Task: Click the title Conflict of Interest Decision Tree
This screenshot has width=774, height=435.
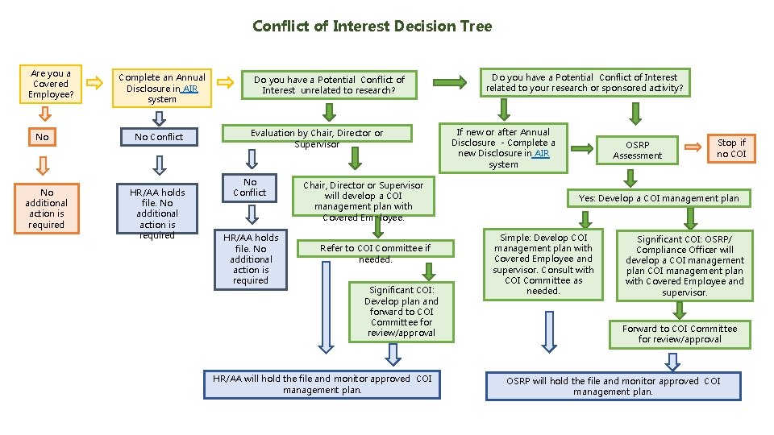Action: coord(372,26)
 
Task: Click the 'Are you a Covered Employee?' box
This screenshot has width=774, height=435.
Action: coord(51,84)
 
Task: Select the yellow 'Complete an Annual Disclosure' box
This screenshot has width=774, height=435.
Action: coord(162,88)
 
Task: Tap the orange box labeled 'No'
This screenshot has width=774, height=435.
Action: coord(42,137)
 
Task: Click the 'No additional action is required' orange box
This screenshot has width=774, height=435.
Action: coord(46,209)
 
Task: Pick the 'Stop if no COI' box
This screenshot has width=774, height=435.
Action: coord(731,148)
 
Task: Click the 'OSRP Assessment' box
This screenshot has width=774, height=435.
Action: coord(637,150)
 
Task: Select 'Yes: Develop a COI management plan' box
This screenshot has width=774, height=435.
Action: coord(658,197)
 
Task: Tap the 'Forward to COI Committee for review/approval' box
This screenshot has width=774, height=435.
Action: coord(679,333)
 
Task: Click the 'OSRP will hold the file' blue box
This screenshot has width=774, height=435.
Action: coord(613,386)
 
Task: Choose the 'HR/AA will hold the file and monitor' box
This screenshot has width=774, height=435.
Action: coord(322,384)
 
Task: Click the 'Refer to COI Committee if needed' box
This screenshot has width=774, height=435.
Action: coord(375,254)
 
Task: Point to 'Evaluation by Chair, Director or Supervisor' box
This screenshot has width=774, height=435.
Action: coord(317,138)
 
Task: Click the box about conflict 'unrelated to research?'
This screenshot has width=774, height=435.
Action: coord(329,85)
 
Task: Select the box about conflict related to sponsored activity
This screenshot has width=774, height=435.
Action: coord(585,83)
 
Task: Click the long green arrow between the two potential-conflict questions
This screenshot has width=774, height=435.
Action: coord(451,81)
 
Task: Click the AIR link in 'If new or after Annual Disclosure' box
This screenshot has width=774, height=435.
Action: coord(540,153)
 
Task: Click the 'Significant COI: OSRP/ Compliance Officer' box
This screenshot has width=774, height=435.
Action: coord(685,265)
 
